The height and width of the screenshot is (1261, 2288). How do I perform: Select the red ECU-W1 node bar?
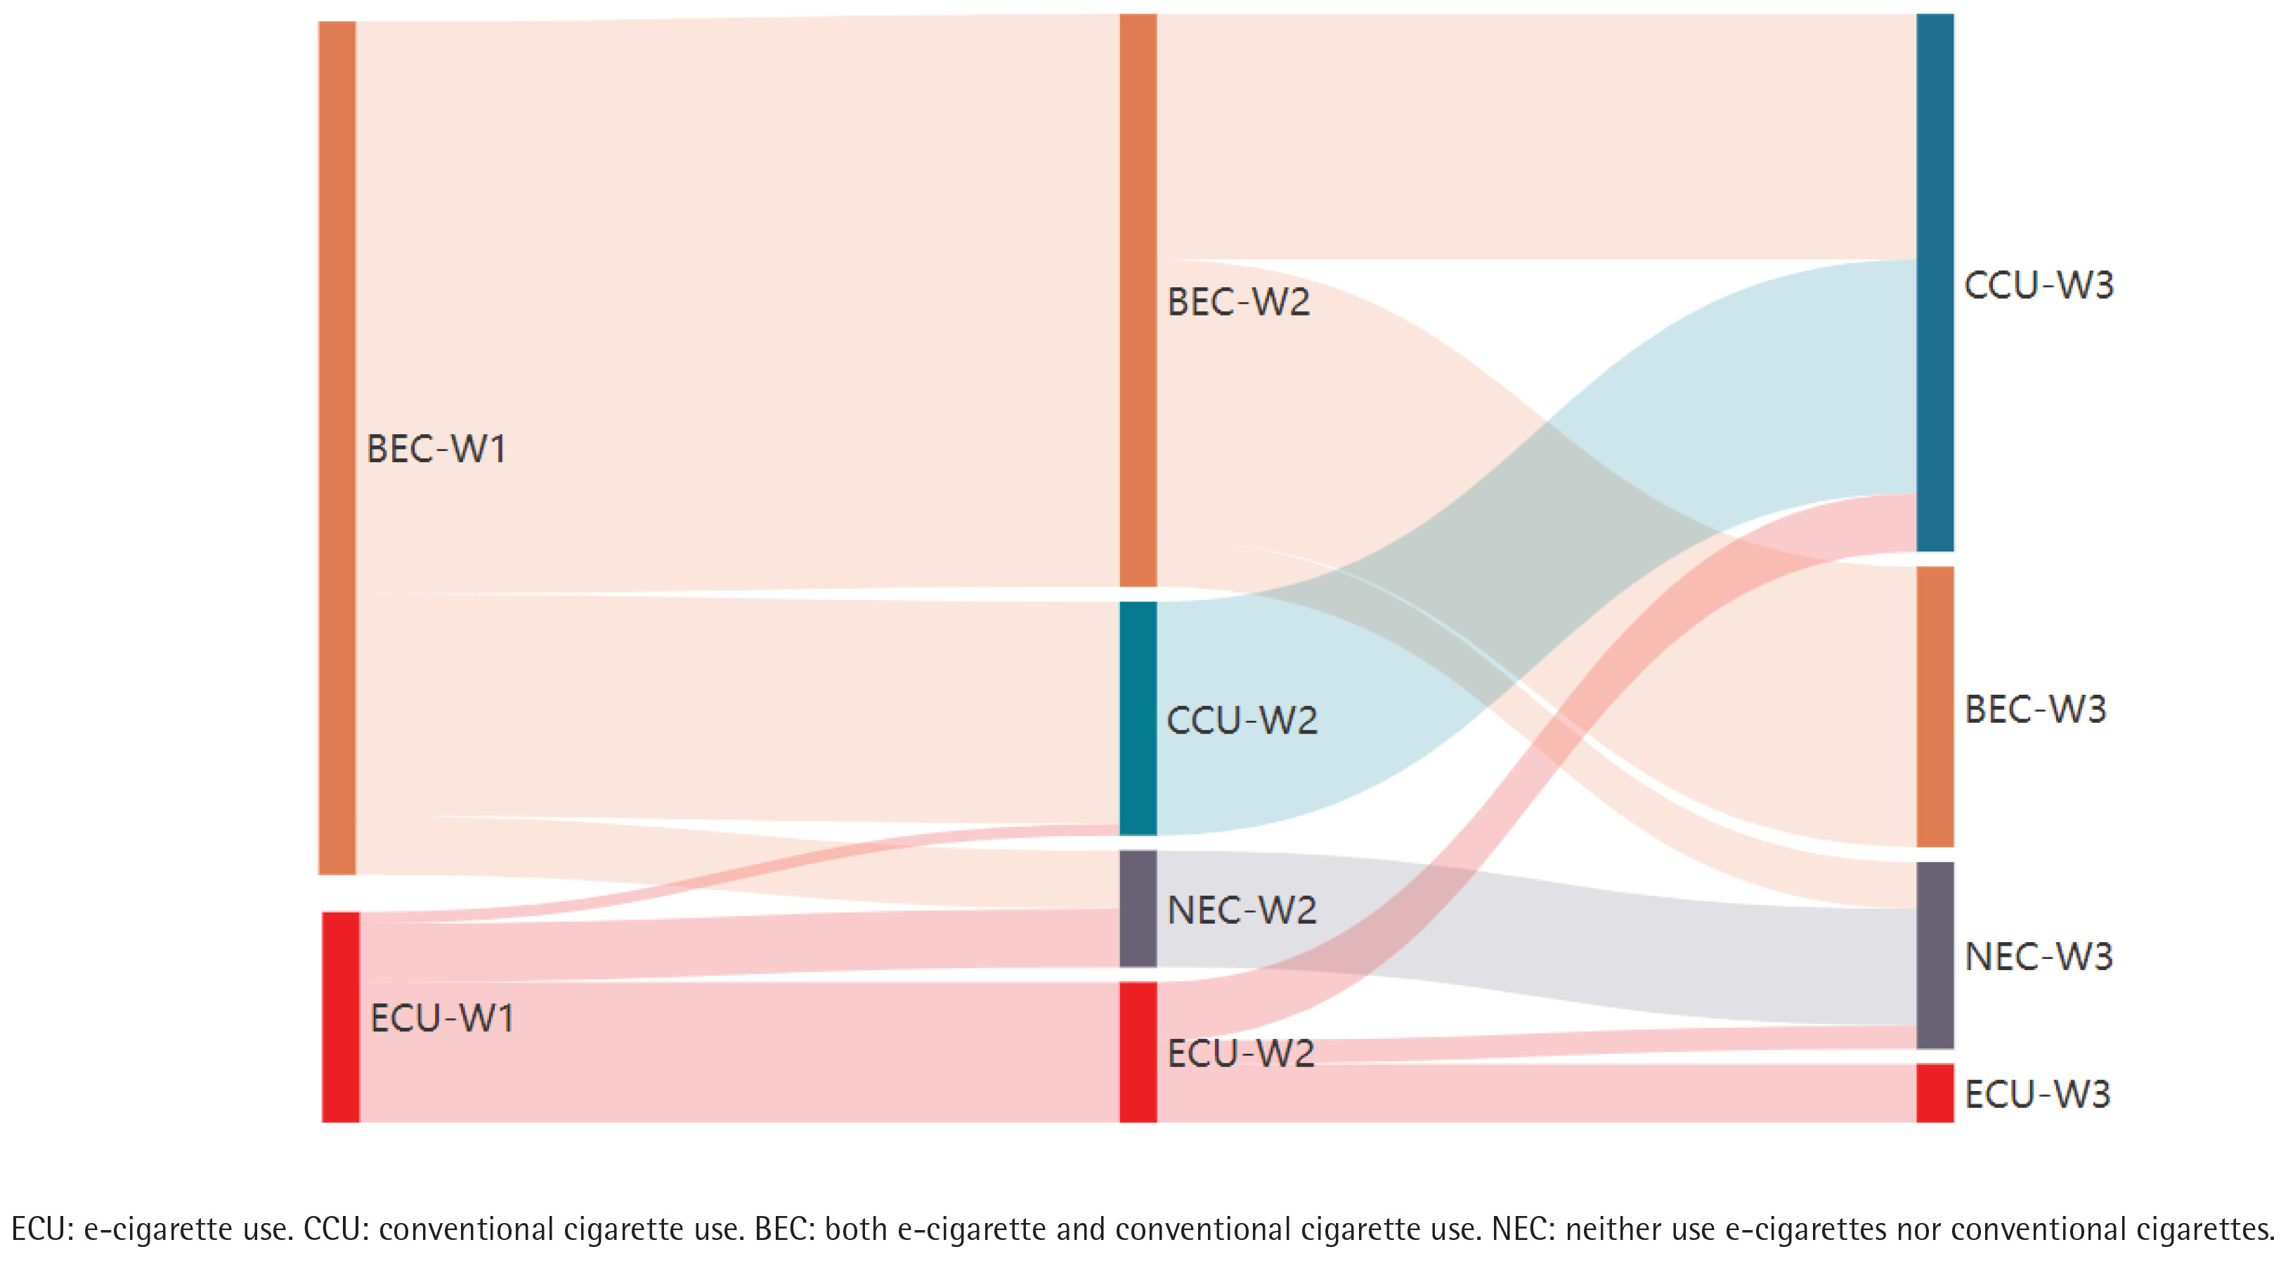(340, 1017)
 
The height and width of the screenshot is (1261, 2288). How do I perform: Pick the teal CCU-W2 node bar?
(1138, 719)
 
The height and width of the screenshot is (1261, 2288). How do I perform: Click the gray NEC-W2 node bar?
(1138, 908)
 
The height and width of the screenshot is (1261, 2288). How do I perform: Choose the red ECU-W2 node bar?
(1138, 1052)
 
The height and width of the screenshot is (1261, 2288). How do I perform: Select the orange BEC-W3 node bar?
(1935, 707)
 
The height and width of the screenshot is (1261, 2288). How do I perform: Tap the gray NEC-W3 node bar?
(1935, 955)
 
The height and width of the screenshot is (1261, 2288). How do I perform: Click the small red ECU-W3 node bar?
(1935, 1092)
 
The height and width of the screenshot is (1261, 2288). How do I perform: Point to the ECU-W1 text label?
(441, 1019)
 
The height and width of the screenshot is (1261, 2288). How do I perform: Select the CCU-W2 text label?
(1242, 720)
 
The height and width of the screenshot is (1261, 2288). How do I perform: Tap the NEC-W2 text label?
(1242, 910)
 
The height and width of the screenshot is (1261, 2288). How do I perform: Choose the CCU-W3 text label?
(2039, 285)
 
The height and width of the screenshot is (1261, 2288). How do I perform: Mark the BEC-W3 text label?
(2035, 710)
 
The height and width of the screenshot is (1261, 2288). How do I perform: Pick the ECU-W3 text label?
(2036, 1094)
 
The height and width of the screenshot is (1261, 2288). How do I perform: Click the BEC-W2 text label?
(1238, 302)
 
